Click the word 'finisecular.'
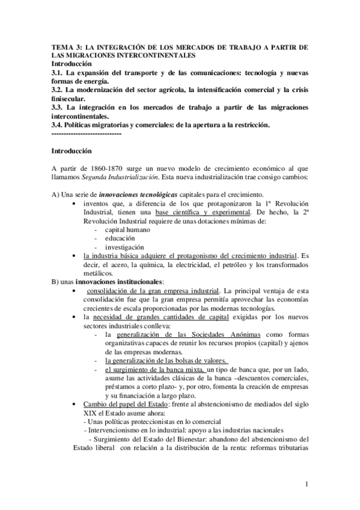point(69,98)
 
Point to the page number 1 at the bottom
point(307,484)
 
